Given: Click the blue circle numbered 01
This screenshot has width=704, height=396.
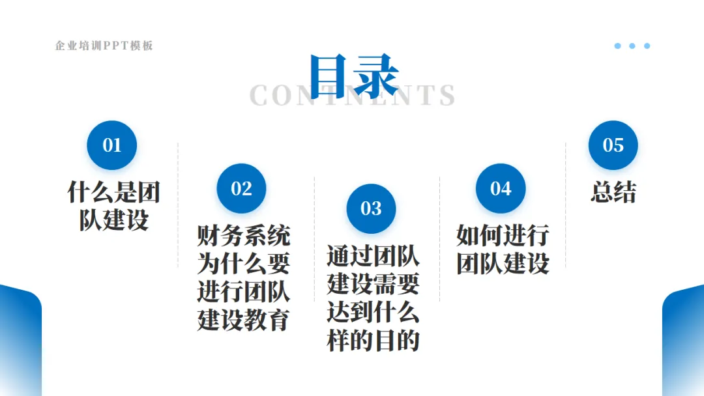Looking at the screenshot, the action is click(x=112, y=145).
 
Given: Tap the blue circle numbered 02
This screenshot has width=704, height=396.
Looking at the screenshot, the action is click(x=241, y=188).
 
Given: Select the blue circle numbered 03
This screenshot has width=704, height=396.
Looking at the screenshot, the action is click(x=371, y=208).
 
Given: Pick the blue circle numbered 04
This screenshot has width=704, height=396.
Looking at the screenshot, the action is click(x=501, y=188).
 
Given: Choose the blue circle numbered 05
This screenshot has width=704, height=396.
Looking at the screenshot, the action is click(x=613, y=145).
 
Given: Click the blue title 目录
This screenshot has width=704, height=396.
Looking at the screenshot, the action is click(x=353, y=76).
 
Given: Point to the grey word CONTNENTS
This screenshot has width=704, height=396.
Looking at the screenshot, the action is click(x=353, y=96).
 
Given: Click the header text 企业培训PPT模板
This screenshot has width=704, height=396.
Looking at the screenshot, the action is click(x=104, y=46).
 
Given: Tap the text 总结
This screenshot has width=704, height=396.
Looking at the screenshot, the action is click(x=613, y=192).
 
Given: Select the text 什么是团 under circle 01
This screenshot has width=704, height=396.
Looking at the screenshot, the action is click(x=114, y=192).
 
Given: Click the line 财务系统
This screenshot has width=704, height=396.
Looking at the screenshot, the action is click(x=243, y=236).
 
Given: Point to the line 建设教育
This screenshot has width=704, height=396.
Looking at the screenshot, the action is click(x=243, y=320).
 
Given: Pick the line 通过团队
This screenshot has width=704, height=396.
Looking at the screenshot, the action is click(x=373, y=256).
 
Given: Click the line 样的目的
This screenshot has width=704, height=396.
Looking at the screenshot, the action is click(x=373, y=341).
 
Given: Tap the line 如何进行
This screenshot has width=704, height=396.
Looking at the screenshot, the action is click(x=502, y=235).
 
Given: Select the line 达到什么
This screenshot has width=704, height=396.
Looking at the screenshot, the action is click(x=373, y=313).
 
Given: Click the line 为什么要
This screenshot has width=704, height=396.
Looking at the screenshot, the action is click(x=243, y=264).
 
